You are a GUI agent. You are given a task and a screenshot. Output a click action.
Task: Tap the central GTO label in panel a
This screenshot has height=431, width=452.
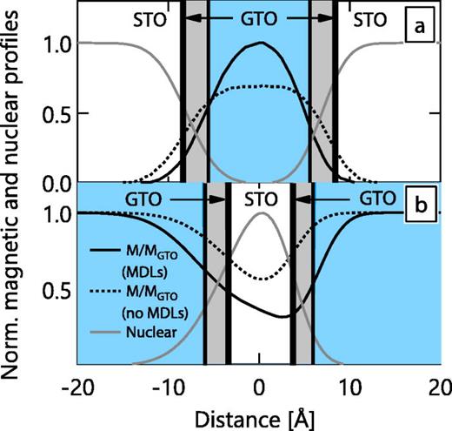258,17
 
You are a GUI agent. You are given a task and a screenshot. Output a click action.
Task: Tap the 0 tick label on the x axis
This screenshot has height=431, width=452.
260,387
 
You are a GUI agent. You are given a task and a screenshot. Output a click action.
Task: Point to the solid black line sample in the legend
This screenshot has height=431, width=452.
108,252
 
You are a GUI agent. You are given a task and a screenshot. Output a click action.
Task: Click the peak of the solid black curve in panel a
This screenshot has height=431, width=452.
258,43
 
